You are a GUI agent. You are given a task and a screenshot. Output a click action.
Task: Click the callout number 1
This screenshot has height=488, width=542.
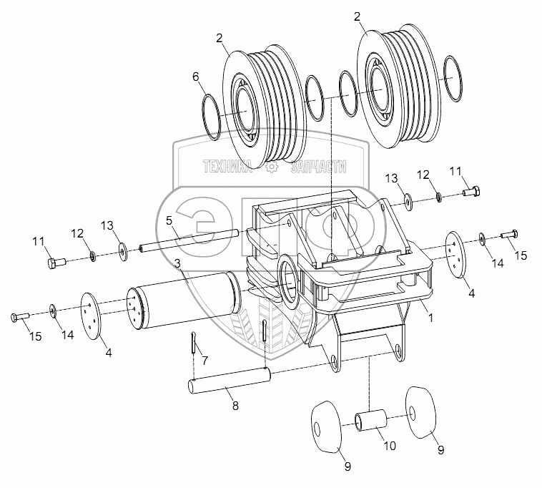point(430,318)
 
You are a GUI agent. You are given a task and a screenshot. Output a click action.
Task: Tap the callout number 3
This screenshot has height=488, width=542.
point(177,264)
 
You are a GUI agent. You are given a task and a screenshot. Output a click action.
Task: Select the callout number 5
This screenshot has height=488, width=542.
point(169,220)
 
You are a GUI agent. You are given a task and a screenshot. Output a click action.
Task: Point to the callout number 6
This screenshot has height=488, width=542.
point(196,77)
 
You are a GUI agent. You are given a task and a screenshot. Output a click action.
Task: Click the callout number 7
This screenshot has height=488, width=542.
point(205,361)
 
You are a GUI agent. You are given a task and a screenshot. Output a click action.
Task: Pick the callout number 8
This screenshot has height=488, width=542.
point(235,406)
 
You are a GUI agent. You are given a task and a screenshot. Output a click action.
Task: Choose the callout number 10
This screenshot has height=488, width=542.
point(390,446)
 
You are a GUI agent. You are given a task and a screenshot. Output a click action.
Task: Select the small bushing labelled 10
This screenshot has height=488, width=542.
point(370,420)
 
